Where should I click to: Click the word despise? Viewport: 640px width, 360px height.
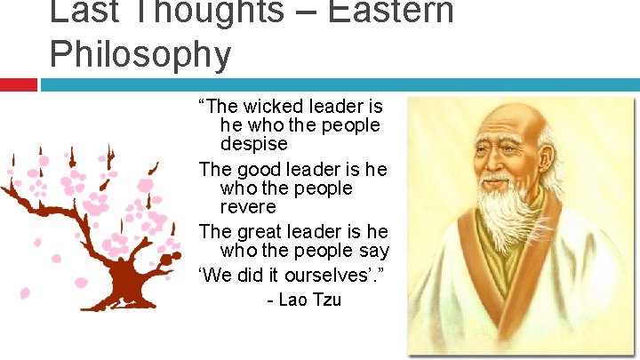[254, 143]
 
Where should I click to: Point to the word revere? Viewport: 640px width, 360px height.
[248, 206]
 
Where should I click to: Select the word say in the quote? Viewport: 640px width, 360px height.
[374, 250]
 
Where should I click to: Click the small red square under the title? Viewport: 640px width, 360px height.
[18, 84]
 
